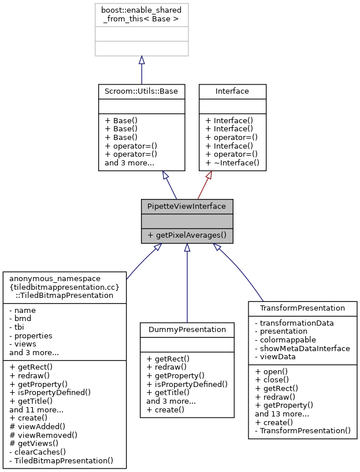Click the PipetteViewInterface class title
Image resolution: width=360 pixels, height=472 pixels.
click(x=187, y=206)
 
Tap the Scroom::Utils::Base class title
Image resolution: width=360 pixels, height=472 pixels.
click(x=142, y=91)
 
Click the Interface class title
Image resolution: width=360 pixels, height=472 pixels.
click(x=232, y=91)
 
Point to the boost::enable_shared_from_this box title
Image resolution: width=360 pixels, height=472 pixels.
click(x=142, y=14)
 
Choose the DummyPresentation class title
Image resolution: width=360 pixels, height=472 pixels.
click(x=187, y=329)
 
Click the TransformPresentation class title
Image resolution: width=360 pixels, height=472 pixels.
click(x=302, y=308)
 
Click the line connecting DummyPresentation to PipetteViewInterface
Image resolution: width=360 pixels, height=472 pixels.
click(x=187, y=283)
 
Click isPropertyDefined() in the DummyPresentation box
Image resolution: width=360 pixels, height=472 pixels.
click(x=187, y=384)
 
